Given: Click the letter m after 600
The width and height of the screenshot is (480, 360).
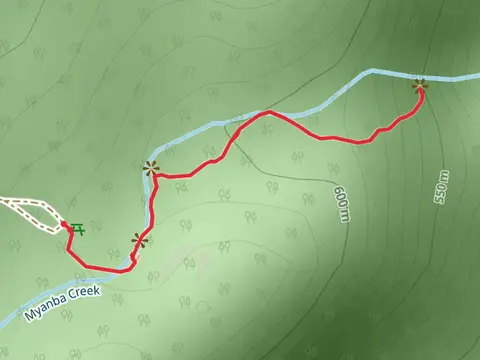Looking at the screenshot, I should [x=345, y=214].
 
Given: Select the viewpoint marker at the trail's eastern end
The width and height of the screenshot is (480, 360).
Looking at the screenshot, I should [x=420, y=86].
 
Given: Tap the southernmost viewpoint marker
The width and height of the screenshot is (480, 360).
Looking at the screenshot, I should [x=139, y=240].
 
